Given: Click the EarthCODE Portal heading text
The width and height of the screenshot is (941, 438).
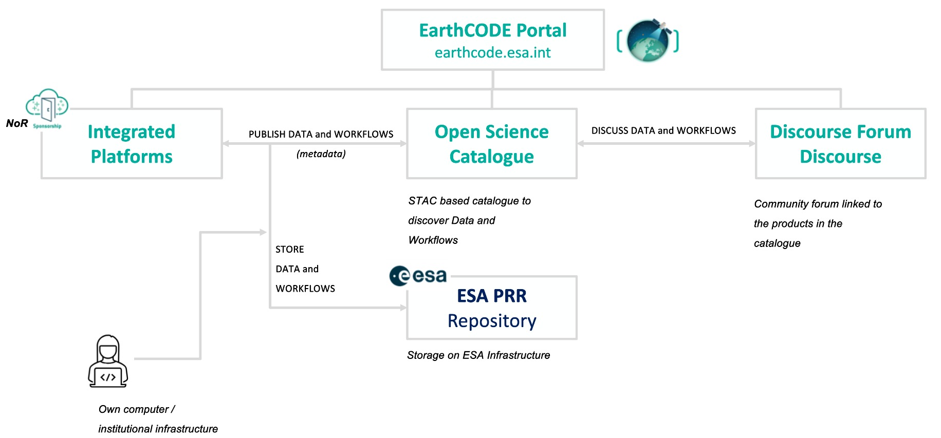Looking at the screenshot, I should pyautogui.click(x=492, y=30).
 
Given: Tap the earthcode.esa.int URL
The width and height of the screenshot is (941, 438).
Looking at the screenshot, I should pyautogui.click(x=492, y=53).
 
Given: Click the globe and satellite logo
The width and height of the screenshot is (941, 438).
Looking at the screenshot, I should pyautogui.click(x=648, y=41).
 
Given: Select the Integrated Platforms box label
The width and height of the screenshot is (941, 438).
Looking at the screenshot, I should pyautogui.click(x=132, y=144).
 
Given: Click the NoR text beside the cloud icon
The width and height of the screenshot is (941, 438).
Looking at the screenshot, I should pyautogui.click(x=17, y=123).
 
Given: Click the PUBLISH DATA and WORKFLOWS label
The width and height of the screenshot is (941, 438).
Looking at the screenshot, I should pyautogui.click(x=321, y=134).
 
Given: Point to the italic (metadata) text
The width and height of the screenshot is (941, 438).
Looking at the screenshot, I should pyautogui.click(x=321, y=154).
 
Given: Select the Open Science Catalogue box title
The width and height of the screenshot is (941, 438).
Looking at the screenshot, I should pyautogui.click(x=491, y=144).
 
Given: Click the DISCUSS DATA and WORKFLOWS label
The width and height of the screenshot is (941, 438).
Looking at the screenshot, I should pyautogui.click(x=663, y=130).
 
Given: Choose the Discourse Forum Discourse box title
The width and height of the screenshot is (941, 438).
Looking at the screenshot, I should pyautogui.click(x=840, y=144).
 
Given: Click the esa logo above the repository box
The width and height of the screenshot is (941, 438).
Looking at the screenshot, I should pyautogui.click(x=418, y=276).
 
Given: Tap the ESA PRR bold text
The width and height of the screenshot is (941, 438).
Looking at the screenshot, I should pyautogui.click(x=492, y=296).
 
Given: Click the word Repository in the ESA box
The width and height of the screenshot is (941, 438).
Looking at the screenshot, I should pyautogui.click(x=492, y=321).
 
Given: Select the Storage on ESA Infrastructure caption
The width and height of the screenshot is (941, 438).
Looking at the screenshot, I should pyautogui.click(x=478, y=355).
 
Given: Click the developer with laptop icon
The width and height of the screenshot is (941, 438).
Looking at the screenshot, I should pyautogui.click(x=108, y=361).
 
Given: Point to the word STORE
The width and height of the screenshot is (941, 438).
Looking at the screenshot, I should pyautogui.click(x=289, y=250).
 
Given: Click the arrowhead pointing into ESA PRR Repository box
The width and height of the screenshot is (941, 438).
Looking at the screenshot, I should pyautogui.click(x=403, y=308).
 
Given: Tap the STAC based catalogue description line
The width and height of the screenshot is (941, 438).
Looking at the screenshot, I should pyautogui.click(x=469, y=201).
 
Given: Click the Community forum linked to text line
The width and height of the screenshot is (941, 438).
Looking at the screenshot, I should pyautogui.click(x=818, y=204).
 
